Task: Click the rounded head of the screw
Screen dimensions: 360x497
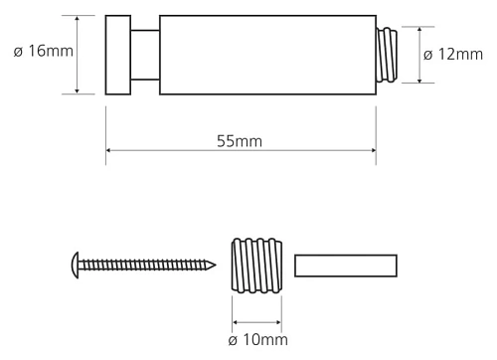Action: [x=73, y=266]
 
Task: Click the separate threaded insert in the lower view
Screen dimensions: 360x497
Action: [x=256, y=266]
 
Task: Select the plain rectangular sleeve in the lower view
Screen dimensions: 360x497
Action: [x=347, y=266]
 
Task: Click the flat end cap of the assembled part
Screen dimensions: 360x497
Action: [x=118, y=55]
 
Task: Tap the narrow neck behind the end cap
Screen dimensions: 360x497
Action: [x=144, y=55]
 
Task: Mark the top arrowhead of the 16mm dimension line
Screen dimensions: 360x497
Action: [x=77, y=19]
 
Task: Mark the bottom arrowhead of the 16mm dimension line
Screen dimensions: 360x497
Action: [x=77, y=90]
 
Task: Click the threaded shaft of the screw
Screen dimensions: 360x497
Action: [x=144, y=266]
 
